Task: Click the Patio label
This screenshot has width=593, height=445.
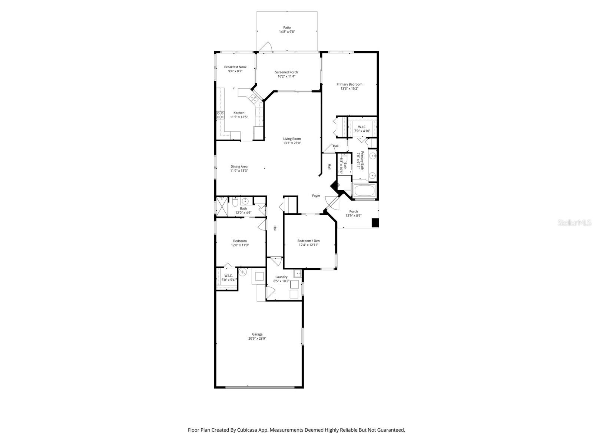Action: pos(287,27)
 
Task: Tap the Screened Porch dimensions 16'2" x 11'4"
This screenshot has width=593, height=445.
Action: pos(286,76)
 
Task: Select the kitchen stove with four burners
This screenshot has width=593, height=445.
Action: pos(221,115)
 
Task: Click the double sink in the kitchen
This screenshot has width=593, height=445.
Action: pos(254,98)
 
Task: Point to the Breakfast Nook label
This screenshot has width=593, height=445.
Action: pos(235,67)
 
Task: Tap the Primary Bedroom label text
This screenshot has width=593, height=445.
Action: pos(349,84)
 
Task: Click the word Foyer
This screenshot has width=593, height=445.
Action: pos(316,196)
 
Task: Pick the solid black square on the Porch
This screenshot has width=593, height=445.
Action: pos(375,222)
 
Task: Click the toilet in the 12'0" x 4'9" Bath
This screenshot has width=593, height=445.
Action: pos(235,202)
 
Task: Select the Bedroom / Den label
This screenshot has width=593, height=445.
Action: pos(308,241)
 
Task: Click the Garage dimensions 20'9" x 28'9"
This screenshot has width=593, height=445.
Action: pos(257,338)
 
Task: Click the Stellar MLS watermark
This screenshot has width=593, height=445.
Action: pos(574,223)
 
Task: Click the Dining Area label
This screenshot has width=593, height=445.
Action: pos(239,167)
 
